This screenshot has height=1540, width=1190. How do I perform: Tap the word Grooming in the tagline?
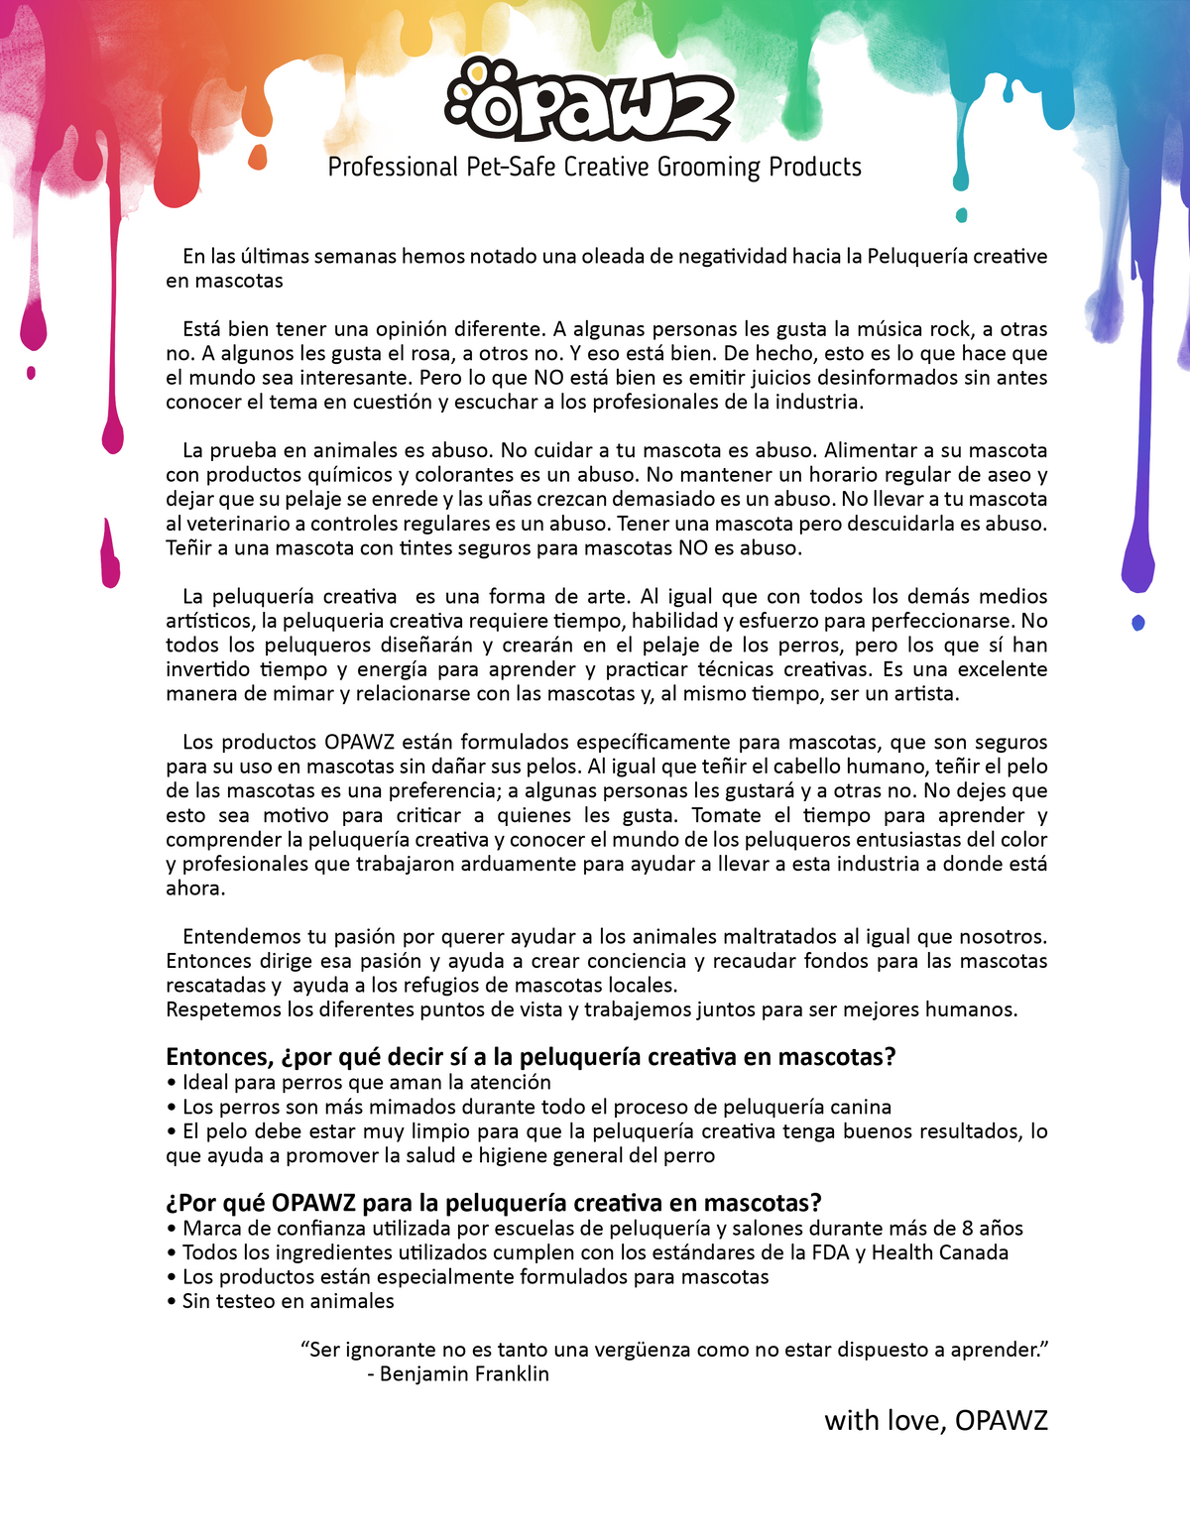708,167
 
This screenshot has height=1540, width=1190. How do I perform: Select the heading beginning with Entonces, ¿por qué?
531,1057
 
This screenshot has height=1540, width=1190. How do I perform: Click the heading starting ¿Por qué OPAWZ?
494,1203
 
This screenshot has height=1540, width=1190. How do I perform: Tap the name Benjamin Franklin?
464,1374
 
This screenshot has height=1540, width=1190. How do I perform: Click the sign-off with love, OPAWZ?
935,1420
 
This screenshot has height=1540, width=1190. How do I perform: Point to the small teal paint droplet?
961,215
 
